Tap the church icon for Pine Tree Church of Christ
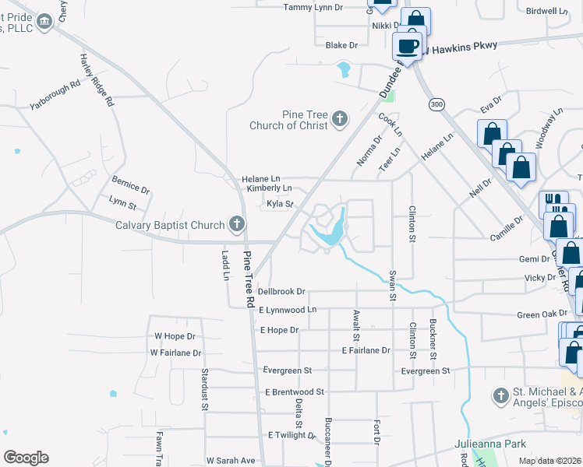point(339,119)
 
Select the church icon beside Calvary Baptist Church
point(237,225)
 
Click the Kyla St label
point(279,204)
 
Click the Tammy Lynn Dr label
point(313,7)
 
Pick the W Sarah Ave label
point(231,461)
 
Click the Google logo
point(26,458)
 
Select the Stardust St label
point(205,390)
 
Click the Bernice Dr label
point(130,184)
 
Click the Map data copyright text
point(549,461)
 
